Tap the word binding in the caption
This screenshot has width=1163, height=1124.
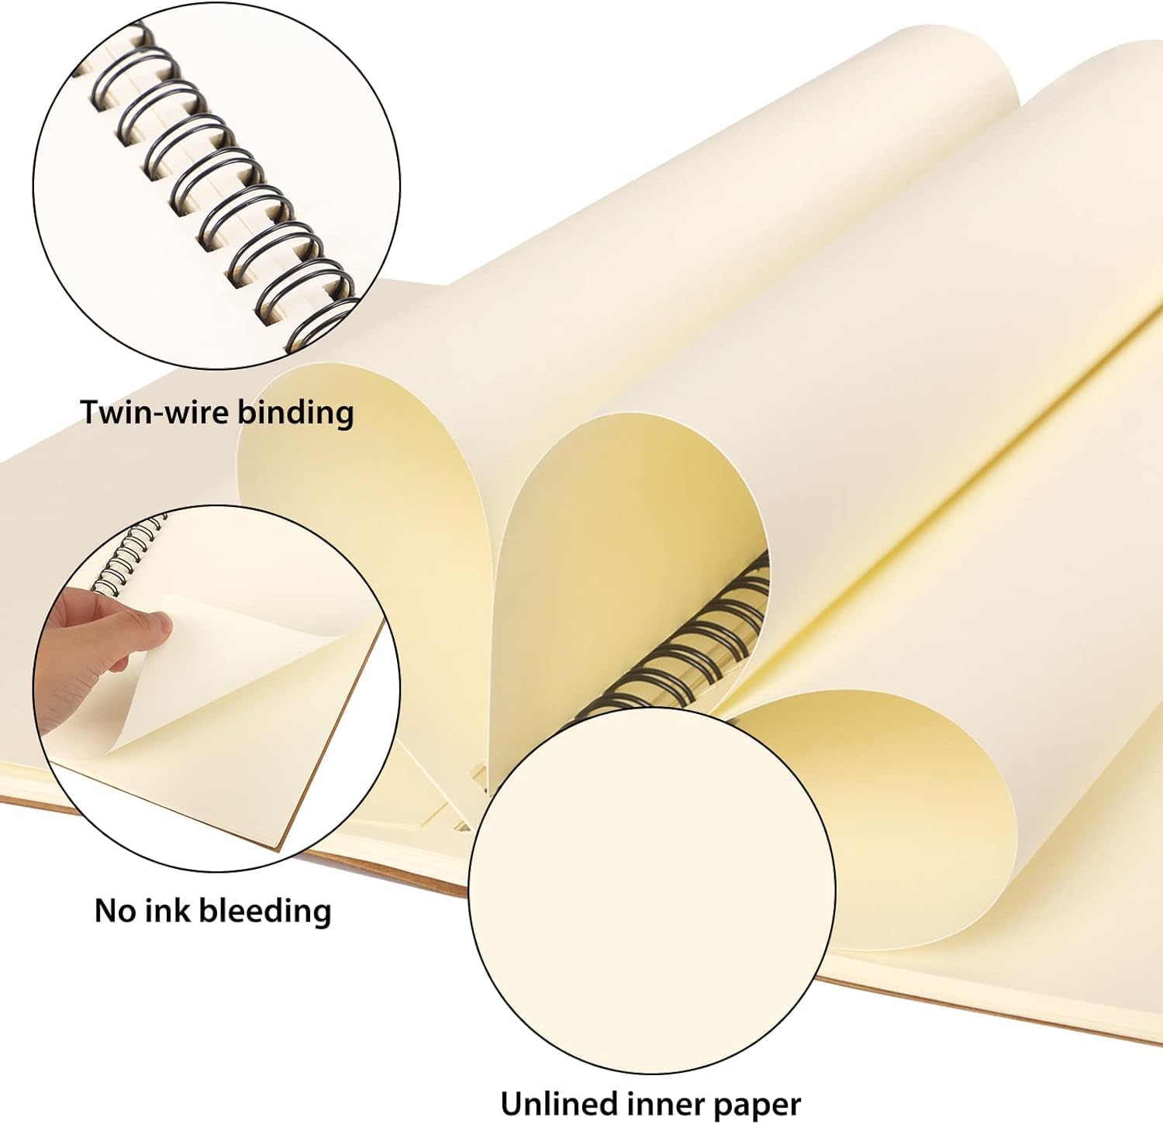click(295, 412)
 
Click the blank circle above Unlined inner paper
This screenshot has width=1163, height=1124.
click(651, 891)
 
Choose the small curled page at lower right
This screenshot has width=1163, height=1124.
click(892, 814)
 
